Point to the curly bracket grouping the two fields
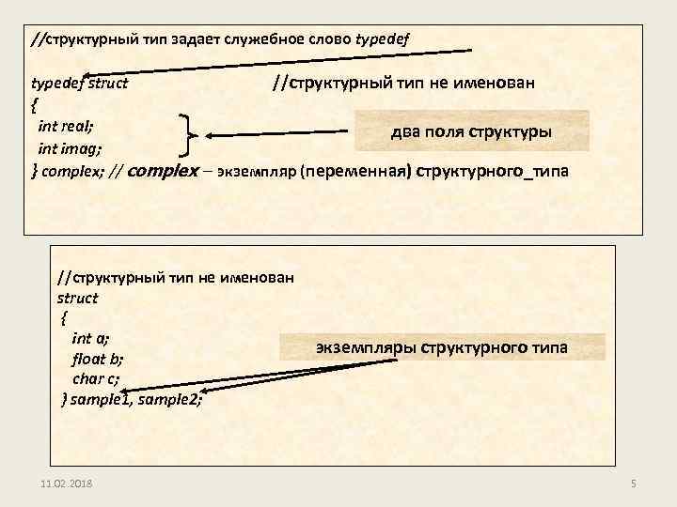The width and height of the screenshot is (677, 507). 189,136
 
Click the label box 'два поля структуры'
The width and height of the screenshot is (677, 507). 471,131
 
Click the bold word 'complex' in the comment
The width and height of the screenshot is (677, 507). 161,172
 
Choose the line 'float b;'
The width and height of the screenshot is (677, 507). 98,359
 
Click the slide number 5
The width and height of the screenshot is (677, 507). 633,483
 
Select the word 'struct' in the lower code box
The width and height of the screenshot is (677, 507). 77,298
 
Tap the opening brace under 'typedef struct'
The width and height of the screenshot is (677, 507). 35,103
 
